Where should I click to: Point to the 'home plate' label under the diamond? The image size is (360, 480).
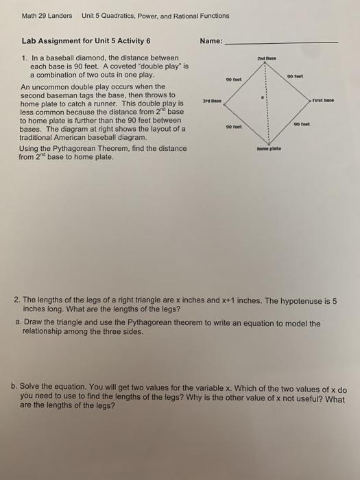[x=268, y=147]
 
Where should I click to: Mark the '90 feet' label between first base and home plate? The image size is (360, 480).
[x=304, y=124]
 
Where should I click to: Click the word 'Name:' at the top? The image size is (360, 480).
[x=211, y=41]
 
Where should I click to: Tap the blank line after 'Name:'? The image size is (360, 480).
[x=281, y=43]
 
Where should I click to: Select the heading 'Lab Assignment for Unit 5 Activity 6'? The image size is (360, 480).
[x=86, y=41]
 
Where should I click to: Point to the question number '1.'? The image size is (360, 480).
[x=25, y=58]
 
